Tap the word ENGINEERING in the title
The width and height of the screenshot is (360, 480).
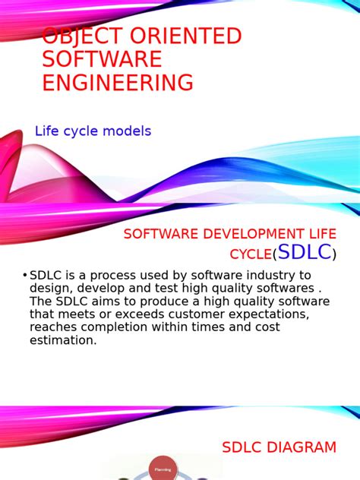[117, 83]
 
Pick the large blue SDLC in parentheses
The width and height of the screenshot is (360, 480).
[305, 252]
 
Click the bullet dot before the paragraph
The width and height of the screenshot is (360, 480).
[24, 275]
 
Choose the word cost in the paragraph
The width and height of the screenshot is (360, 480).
[265, 327]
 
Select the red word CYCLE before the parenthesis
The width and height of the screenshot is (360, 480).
[250, 254]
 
